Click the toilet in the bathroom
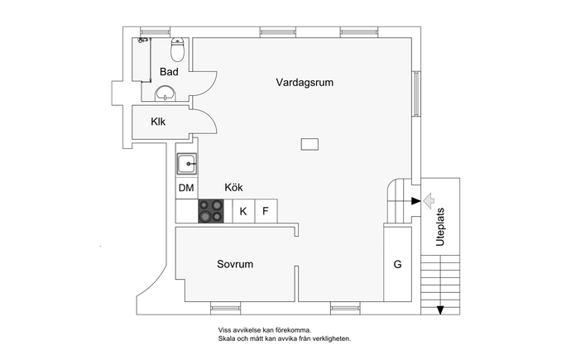click(178, 50)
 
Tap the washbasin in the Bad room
click(166, 94)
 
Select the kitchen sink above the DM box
click(187, 164)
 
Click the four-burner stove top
click(211, 211)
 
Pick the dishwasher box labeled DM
click(186, 188)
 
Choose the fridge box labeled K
click(243, 211)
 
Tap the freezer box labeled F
click(266, 211)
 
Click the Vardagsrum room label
click(305, 82)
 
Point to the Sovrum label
click(235, 264)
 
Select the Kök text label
click(233, 188)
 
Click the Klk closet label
click(158, 122)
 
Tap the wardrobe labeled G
click(398, 264)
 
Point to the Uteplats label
click(440, 227)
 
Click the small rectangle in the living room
click(309, 144)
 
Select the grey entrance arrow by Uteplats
click(429, 200)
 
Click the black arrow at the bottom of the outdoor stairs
click(440, 310)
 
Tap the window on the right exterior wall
click(416, 94)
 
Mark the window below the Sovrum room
click(225, 309)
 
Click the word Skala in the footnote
click(225, 338)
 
